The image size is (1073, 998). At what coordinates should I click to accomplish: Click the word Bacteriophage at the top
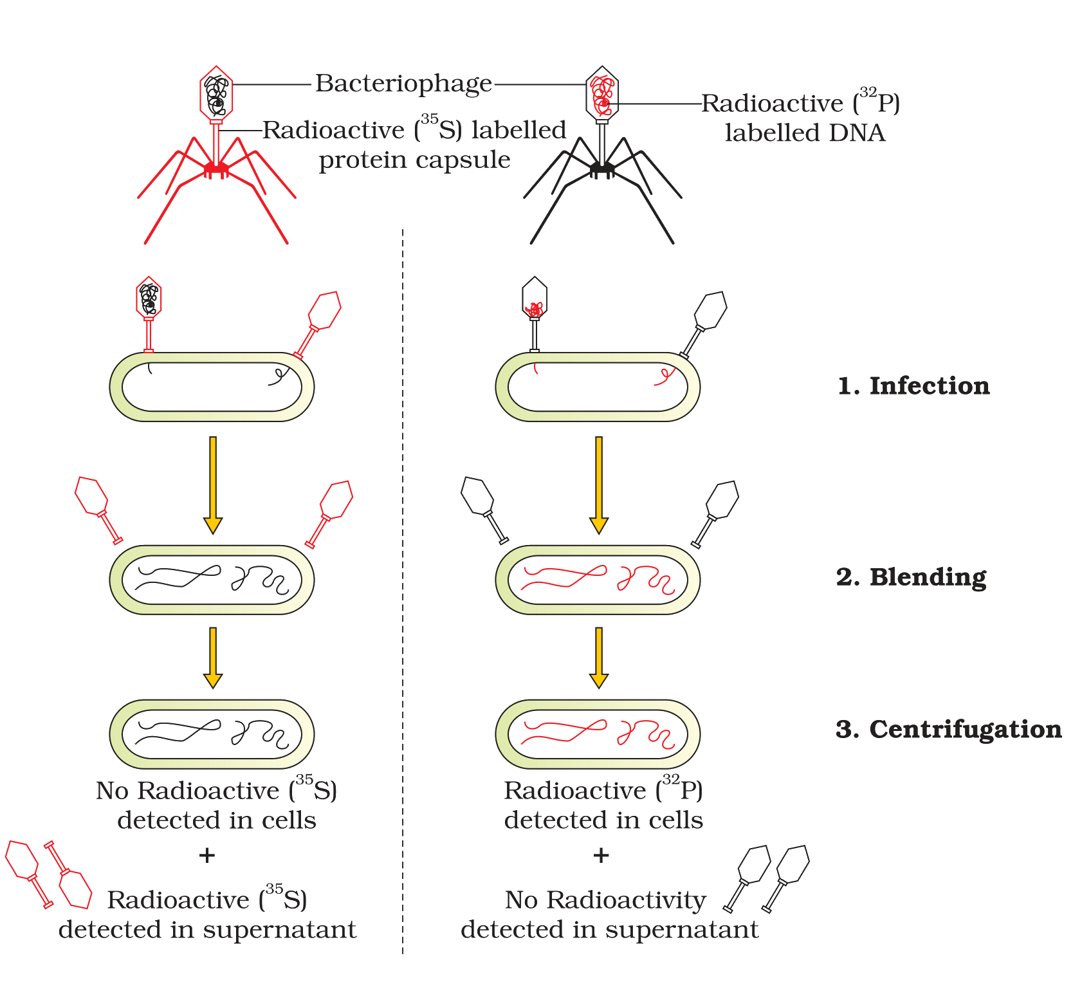tap(403, 84)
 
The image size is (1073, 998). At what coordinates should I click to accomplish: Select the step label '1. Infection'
tap(913, 385)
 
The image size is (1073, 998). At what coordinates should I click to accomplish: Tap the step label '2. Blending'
tap(911, 577)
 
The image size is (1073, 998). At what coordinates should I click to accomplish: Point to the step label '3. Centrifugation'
tap(949, 730)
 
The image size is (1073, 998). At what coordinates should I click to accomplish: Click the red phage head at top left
tap(216, 93)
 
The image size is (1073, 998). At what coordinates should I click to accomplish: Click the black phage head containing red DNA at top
tap(602, 94)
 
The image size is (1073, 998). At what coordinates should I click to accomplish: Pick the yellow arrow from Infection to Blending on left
tap(213, 485)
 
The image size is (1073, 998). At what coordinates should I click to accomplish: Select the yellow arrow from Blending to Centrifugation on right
tap(599, 658)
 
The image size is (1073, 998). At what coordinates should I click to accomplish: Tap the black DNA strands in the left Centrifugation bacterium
tap(212, 734)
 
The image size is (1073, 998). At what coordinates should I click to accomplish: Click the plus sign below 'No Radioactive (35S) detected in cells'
tap(206, 855)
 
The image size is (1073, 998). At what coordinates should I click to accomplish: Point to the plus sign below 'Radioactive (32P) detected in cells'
tap(601, 855)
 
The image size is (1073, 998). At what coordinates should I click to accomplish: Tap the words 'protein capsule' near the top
tap(415, 160)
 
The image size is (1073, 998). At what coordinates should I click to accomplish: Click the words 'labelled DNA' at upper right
tap(805, 133)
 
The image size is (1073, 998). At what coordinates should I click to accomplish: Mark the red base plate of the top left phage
tap(216, 169)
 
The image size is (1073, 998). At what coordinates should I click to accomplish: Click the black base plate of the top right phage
tap(602, 169)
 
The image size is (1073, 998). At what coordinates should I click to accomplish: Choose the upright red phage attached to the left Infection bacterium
tap(149, 315)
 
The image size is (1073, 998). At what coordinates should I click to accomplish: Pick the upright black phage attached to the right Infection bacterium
tap(535, 315)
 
